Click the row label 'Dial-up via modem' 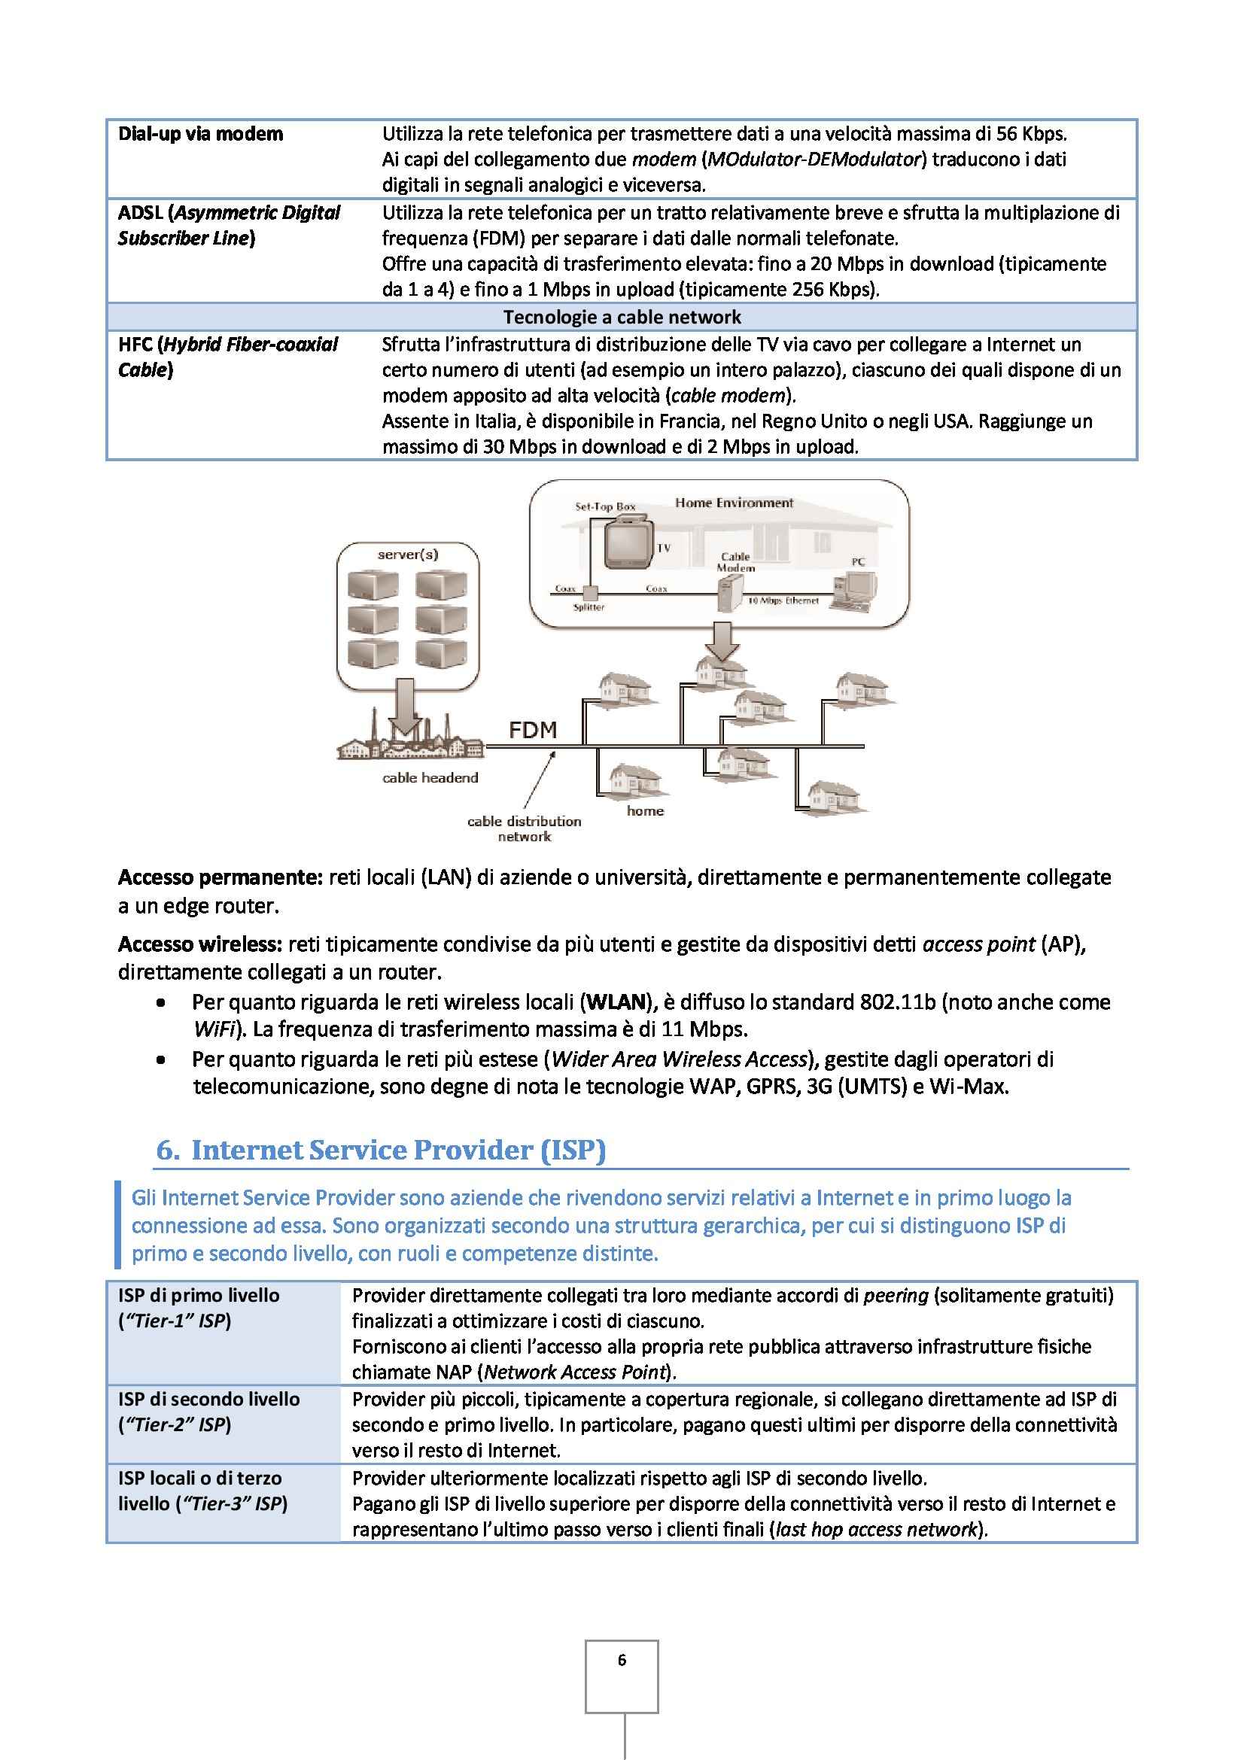coord(200,134)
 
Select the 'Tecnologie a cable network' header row coord(622,317)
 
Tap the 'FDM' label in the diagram coord(533,729)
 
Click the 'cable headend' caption coord(430,777)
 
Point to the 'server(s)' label coord(408,554)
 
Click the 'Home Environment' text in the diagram coord(734,503)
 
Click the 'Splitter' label coord(589,607)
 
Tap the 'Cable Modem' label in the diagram coord(735,562)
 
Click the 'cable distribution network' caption coord(525,828)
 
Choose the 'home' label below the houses coord(645,810)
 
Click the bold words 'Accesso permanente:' coord(220,877)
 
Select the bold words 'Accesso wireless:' coord(201,944)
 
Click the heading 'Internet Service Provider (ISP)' coord(398,1150)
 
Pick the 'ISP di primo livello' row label coord(199,1296)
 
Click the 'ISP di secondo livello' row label coord(208,1399)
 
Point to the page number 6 coord(622,1660)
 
